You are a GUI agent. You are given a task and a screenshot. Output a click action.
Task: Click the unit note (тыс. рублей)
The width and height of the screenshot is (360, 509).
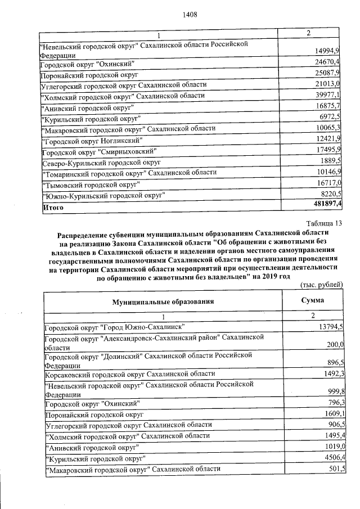tap(322, 285)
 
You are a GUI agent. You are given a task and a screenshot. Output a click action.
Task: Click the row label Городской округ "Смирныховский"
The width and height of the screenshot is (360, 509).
tap(98, 151)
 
